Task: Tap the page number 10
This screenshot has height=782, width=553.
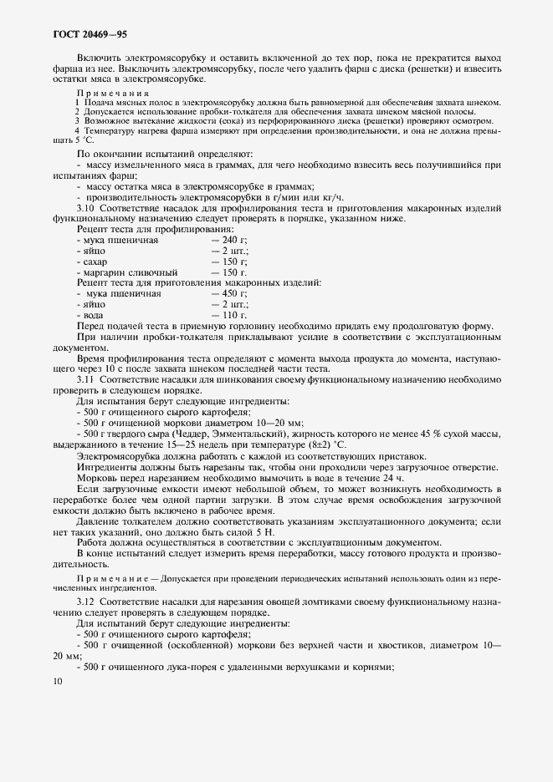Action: pyautogui.click(x=56, y=681)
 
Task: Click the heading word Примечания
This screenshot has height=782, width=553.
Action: pyautogui.click(x=112, y=93)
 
